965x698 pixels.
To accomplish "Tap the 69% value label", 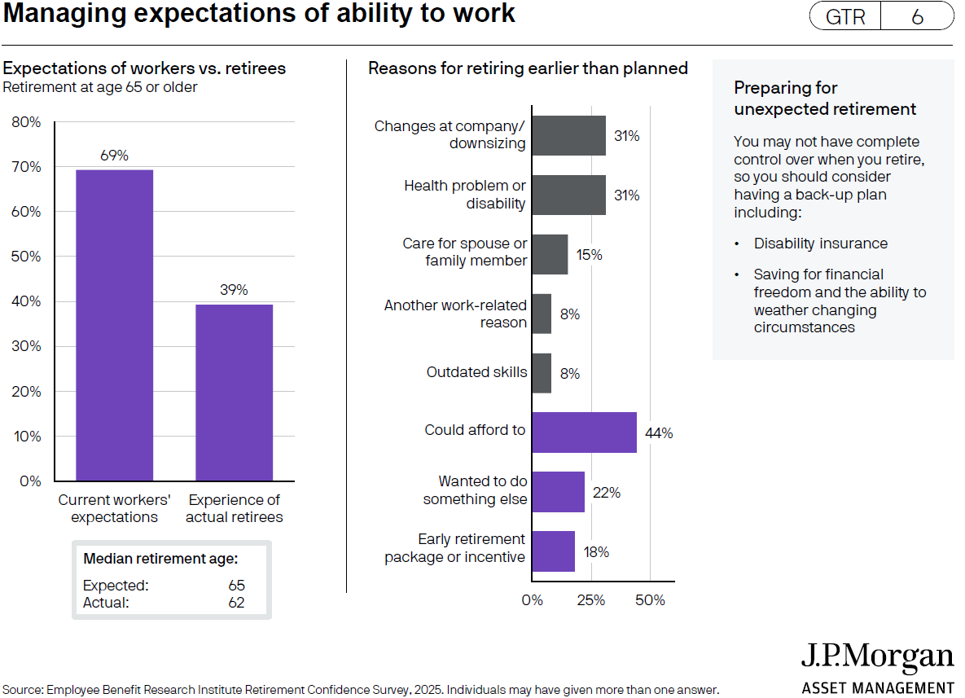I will point(114,156).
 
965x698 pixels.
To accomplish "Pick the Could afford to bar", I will point(584,432).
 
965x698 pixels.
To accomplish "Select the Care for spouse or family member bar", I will point(550,254).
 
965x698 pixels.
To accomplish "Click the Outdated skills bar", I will point(542,373).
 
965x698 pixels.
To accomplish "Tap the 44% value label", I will point(658,433).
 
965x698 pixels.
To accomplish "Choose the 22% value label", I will point(606,493).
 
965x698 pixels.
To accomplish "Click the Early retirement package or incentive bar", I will point(553,551).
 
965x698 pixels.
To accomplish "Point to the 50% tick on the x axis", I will point(650,600).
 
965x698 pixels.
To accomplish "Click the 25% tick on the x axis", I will point(590,600).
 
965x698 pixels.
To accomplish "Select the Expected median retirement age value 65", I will point(236,586).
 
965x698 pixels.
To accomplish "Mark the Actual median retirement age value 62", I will point(236,604).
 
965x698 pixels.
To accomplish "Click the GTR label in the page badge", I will point(845,17).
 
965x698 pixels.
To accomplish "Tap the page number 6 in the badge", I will point(917,17).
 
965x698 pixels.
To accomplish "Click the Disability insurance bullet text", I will point(820,244).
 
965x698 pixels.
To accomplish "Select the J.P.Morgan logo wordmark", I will point(877,658).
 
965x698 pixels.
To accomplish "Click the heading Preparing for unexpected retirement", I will point(824,99).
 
